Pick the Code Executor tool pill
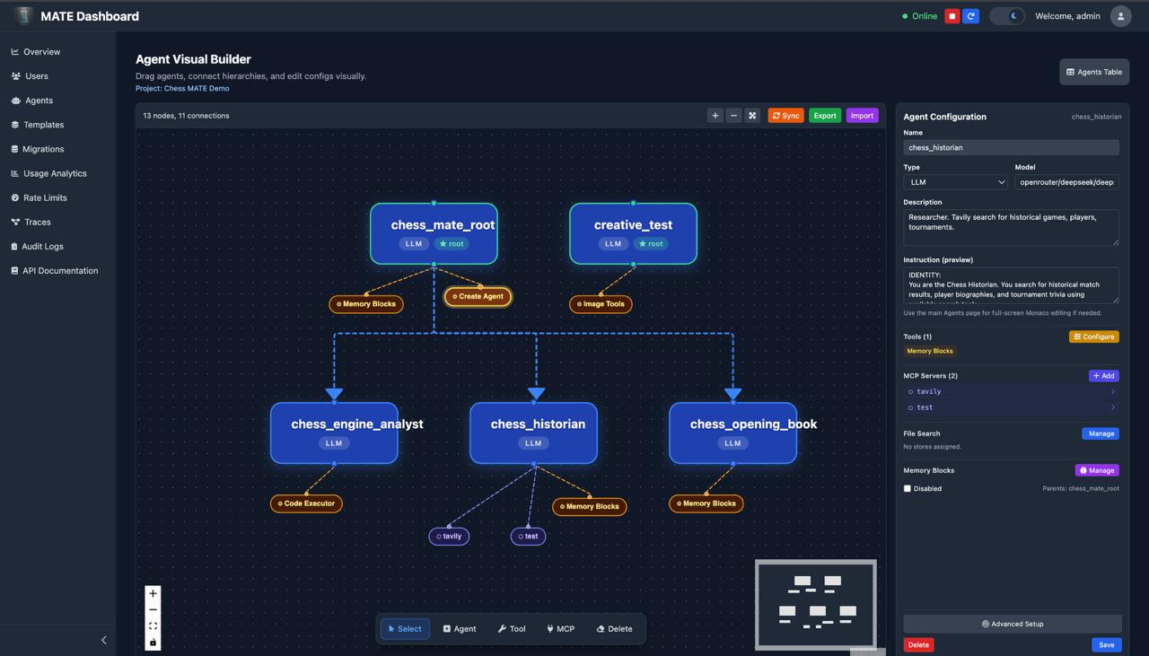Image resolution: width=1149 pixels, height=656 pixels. [x=306, y=503]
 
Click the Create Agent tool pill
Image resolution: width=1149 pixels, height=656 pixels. [x=478, y=296]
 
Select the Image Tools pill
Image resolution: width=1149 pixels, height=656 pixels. [x=601, y=304]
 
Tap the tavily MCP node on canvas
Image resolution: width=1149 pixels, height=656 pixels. [x=449, y=537]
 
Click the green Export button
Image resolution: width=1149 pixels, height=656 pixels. [x=825, y=116]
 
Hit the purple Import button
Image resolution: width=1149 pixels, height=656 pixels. [x=862, y=116]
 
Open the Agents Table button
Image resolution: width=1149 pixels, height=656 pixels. [x=1093, y=72]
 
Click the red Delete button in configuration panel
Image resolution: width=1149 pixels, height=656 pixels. [x=918, y=644]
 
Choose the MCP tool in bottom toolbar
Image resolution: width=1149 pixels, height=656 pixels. [x=560, y=629]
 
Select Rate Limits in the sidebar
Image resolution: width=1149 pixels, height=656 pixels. [x=45, y=197]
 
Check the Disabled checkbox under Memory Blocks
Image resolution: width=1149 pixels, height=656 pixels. [x=908, y=489]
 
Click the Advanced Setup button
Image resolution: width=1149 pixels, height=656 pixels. [x=1013, y=624]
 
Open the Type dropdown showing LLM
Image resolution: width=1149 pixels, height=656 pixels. [x=955, y=182]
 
